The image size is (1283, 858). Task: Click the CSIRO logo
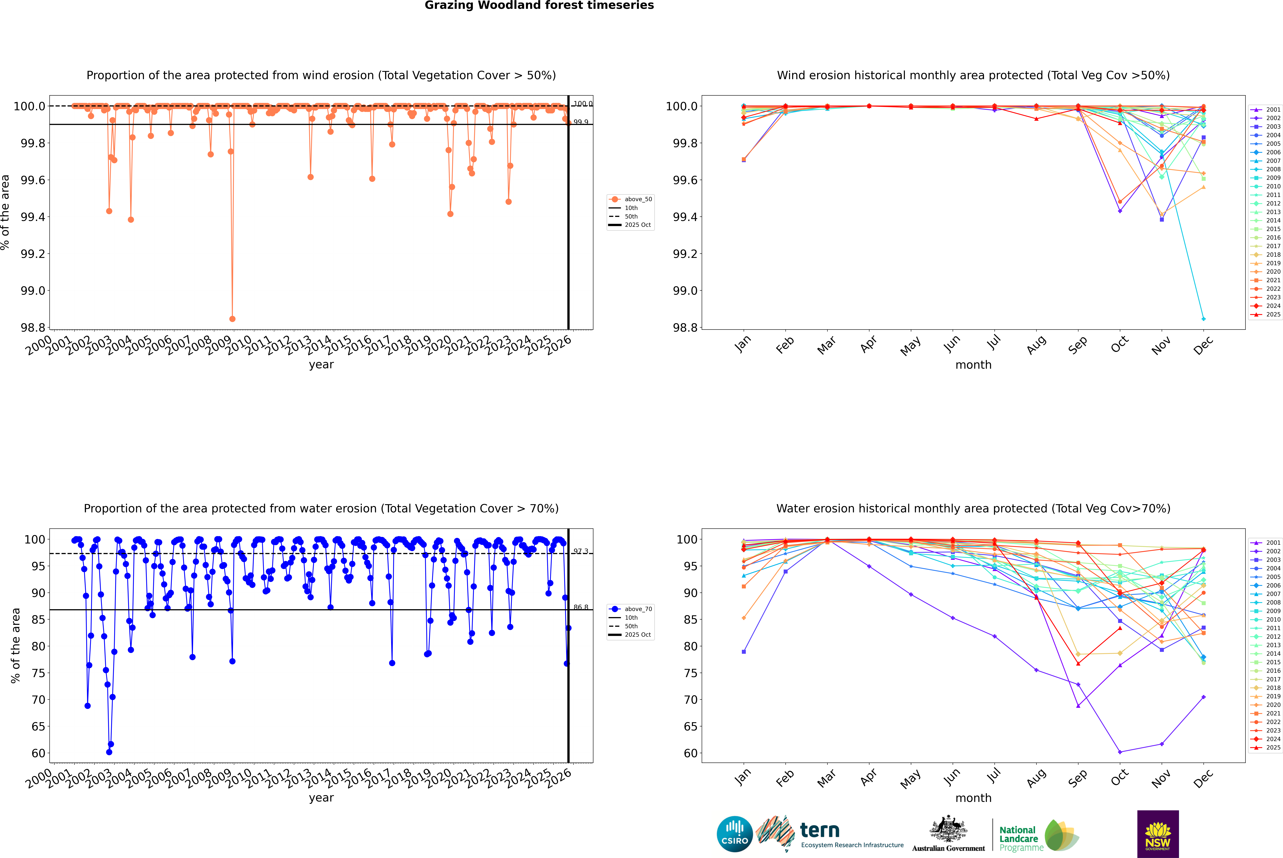[735, 834]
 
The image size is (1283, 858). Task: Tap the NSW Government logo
[1158, 834]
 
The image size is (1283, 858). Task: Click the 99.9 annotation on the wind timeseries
[581, 122]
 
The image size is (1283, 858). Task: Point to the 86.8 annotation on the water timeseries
[581, 607]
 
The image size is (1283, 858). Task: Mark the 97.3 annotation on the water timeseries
[581, 552]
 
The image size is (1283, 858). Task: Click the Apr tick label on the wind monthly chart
[868, 345]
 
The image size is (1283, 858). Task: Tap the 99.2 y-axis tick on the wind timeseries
[33, 254]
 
